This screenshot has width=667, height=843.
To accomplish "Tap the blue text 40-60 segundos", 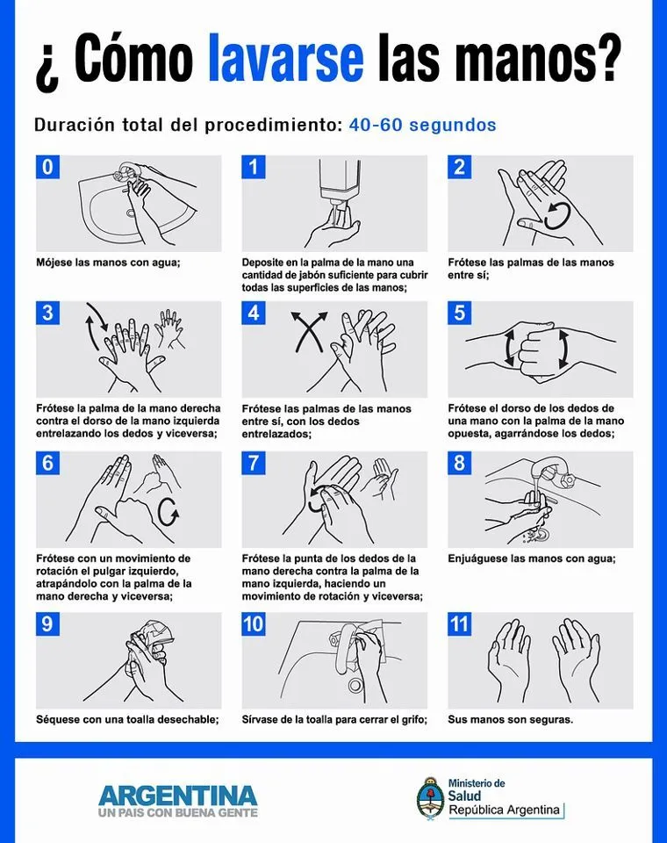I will [422, 125].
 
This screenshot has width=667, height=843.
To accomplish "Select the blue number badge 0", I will [47, 167].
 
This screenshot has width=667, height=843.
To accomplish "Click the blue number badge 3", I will [47, 313].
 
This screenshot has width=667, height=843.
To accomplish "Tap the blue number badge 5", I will [460, 313].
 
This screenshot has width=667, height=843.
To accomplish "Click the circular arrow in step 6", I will [166, 509].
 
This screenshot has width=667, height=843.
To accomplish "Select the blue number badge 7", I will [254, 463].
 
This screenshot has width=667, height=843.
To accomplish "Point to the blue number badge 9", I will [47, 624].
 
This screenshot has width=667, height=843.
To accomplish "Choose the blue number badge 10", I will [254, 624].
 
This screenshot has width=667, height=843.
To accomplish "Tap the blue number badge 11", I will [460, 624].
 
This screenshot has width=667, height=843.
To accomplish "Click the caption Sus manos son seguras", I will [510, 719].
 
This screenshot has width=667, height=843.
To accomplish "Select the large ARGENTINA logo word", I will [178, 795].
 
